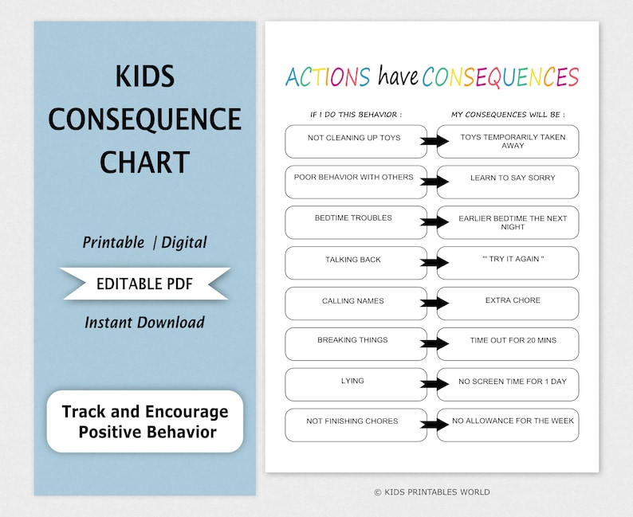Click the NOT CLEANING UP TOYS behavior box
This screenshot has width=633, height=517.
(355, 141)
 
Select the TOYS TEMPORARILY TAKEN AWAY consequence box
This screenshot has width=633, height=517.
(508, 141)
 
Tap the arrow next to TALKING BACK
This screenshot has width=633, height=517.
(435, 262)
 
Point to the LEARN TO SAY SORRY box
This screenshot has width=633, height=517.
(508, 182)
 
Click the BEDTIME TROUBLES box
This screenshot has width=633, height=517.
(355, 222)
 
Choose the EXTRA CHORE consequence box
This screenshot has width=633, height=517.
(508, 304)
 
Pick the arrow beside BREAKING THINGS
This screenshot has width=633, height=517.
(435, 344)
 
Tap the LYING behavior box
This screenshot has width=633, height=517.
(355, 385)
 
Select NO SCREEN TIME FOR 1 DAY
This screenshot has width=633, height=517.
(508, 385)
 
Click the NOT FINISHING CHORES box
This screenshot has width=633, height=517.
(355, 425)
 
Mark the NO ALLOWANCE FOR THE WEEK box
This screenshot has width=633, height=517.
(508, 425)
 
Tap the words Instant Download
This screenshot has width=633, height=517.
(145, 322)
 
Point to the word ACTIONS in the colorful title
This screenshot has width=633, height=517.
(328, 76)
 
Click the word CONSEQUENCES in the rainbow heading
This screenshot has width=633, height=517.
(500, 76)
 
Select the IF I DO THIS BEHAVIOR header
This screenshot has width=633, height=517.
(356, 115)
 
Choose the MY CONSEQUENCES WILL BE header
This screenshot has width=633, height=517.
(508, 115)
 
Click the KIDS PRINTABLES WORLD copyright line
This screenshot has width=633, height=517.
(432, 492)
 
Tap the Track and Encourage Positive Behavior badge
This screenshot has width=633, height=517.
(145, 421)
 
